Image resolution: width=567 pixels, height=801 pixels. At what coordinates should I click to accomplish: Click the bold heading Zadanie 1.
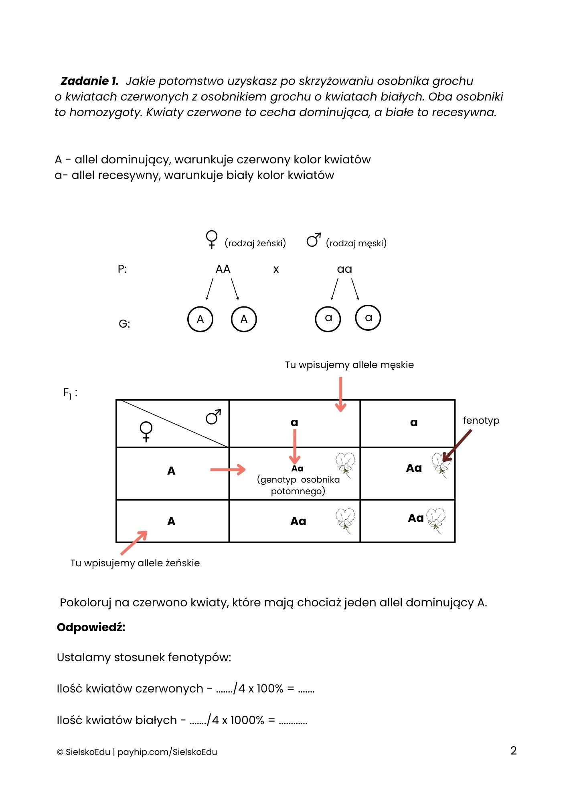pyautogui.click(x=89, y=81)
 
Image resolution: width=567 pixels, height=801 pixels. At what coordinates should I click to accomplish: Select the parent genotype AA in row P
pyautogui.click(x=223, y=269)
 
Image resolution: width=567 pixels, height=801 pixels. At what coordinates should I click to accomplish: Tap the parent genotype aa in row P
pyautogui.click(x=344, y=269)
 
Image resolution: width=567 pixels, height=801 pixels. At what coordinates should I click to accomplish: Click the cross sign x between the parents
pyautogui.click(x=276, y=270)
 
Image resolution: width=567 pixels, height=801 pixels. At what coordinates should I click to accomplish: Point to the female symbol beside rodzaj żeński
pyautogui.click(x=211, y=239)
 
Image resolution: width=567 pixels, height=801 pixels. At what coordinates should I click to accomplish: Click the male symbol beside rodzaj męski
pyautogui.click(x=314, y=240)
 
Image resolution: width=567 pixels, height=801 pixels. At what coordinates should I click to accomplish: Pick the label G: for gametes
pyautogui.click(x=124, y=324)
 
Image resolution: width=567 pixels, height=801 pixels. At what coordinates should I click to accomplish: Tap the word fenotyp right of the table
pyautogui.click(x=481, y=421)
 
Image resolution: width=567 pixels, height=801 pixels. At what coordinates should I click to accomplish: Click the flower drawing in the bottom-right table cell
pyautogui.click(x=436, y=520)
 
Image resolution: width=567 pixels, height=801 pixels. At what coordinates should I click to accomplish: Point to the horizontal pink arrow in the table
pyautogui.click(x=228, y=469)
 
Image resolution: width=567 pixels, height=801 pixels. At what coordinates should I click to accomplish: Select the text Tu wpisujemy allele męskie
pyautogui.click(x=349, y=365)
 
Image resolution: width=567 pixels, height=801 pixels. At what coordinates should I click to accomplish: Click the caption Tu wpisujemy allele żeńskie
pyautogui.click(x=135, y=563)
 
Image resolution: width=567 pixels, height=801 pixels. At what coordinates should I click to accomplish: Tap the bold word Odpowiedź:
pyautogui.click(x=91, y=628)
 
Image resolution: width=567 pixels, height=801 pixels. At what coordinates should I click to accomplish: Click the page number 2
pyautogui.click(x=513, y=751)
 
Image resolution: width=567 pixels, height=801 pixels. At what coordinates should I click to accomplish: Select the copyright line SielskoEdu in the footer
pyautogui.click(x=137, y=752)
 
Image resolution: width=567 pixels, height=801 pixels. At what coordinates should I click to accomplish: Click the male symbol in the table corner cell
pyautogui.click(x=213, y=417)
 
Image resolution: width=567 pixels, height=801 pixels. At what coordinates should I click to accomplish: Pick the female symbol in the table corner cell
pyautogui.click(x=146, y=432)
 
